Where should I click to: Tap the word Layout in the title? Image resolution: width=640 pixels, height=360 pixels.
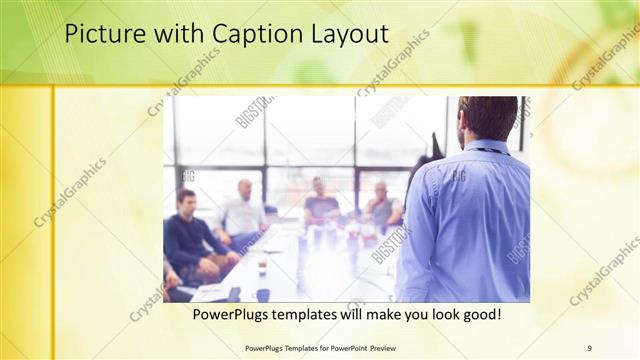tap(345, 34)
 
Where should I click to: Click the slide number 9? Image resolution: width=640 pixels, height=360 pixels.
tap(589, 347)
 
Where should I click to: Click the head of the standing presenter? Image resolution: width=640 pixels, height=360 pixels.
tap(488, 118)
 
